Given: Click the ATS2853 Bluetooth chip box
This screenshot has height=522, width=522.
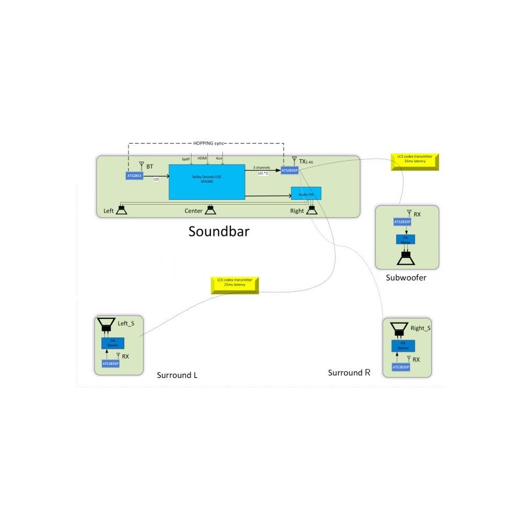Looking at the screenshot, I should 135,176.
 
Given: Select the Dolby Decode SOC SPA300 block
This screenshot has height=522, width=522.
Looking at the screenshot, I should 207,182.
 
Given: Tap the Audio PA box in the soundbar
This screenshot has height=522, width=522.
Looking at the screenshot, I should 306,194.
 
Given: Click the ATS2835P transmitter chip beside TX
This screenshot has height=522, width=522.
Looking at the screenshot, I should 290,171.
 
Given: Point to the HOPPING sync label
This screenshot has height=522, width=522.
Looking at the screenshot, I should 206,142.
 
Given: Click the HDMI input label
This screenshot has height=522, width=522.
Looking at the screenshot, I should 203,158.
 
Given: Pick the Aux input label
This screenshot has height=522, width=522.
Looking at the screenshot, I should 219,158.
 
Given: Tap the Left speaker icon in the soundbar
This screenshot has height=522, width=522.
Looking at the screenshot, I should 122,210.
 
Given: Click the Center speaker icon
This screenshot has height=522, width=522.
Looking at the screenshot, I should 210,210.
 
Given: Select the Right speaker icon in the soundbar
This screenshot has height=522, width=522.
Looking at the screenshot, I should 312,210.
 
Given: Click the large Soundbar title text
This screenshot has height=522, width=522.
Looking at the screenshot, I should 219,231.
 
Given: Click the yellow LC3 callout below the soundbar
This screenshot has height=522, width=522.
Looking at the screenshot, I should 235,285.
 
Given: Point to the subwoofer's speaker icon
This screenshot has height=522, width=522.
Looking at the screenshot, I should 406,258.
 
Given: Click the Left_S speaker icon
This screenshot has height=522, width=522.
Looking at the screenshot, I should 107,325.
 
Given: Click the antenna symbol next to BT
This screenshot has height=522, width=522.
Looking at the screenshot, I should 141,165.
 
